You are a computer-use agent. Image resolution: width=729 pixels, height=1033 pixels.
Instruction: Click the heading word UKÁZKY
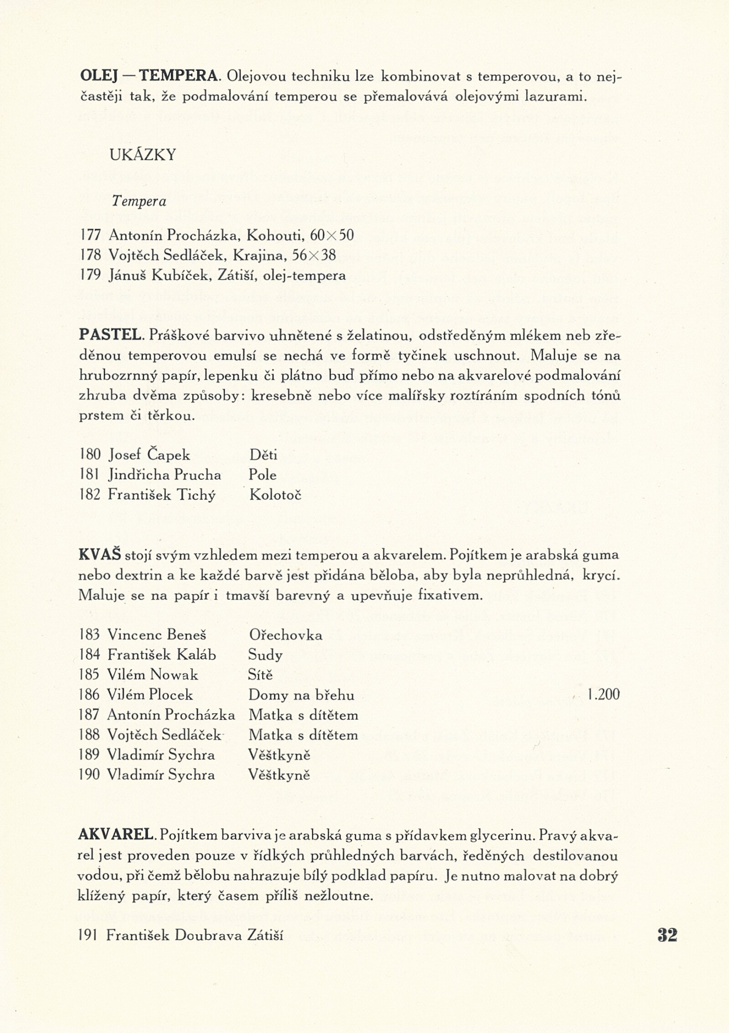click(143, 156)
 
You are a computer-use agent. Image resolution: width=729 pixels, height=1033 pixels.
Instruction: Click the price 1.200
click(604, 695)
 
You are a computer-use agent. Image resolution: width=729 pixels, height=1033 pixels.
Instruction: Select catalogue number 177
click(90, 235)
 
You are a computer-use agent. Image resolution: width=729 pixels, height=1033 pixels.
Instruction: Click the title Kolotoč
click(275, 495)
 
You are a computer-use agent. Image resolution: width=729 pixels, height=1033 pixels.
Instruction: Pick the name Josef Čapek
click(149, 455)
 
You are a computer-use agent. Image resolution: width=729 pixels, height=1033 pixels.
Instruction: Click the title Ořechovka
click(286, 635)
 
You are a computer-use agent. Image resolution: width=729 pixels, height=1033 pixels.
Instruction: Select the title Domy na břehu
click(301, 695)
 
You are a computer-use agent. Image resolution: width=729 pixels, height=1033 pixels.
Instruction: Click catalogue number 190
click(89, 775)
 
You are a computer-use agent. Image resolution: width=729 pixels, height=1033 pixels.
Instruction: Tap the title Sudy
click(265, 655)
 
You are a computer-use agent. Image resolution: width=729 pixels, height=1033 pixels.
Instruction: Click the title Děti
click(263, 455)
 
